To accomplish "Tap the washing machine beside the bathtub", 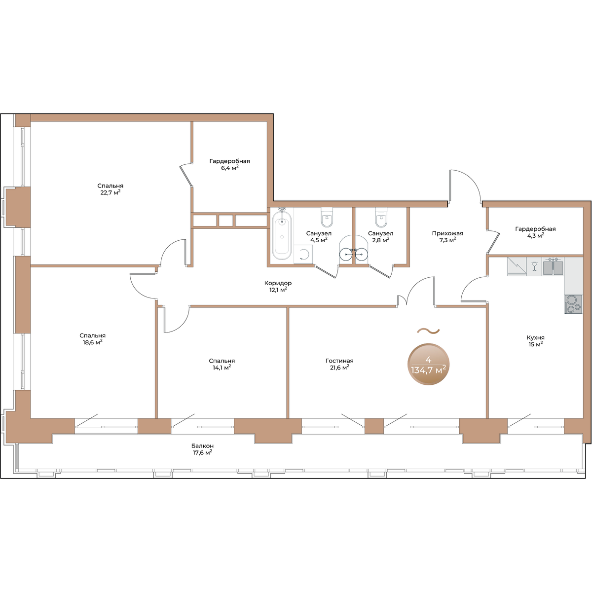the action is pos(303,254).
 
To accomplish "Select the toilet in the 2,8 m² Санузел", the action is pos(381,217).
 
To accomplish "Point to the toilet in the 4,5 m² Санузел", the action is pos(327,217).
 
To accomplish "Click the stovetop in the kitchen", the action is pos(573,304).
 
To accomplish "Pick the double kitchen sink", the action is pos(553,266).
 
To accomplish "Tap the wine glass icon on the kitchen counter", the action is pos(535,266).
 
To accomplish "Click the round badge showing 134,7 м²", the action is pos(428,364).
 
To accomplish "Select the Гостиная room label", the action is pos(339,361).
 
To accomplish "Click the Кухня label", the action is pos(535,337).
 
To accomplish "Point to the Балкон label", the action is pos(202,445).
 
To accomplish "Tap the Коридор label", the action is pos(278,283).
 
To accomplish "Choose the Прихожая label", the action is pos(447,233).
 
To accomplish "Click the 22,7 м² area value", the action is pos(111,192).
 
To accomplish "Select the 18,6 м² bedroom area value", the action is pos(92,342).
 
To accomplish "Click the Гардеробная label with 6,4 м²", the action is pos(229,161).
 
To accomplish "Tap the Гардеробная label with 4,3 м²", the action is pos(535,229).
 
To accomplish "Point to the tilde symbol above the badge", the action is pos(428,331).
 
